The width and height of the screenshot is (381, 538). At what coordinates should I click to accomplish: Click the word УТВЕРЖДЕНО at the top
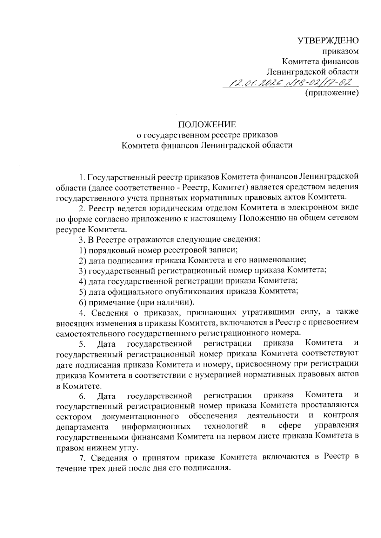(x=328, y=40)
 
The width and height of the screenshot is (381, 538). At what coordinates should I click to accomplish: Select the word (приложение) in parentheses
(x=332, y=93)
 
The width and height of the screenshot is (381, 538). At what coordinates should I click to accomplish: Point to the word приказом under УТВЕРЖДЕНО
(x=341, y=51)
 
